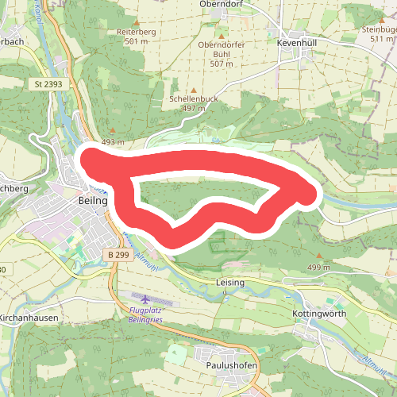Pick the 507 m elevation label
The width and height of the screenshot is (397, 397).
point(222,64)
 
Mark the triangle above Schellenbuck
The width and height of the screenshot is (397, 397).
point(194,90)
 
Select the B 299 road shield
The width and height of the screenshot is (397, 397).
point(116,254)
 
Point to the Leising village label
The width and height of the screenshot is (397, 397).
point(229,282)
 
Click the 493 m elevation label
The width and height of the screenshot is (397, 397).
point(114,142)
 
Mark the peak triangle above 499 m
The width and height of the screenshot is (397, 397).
point(319,256)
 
